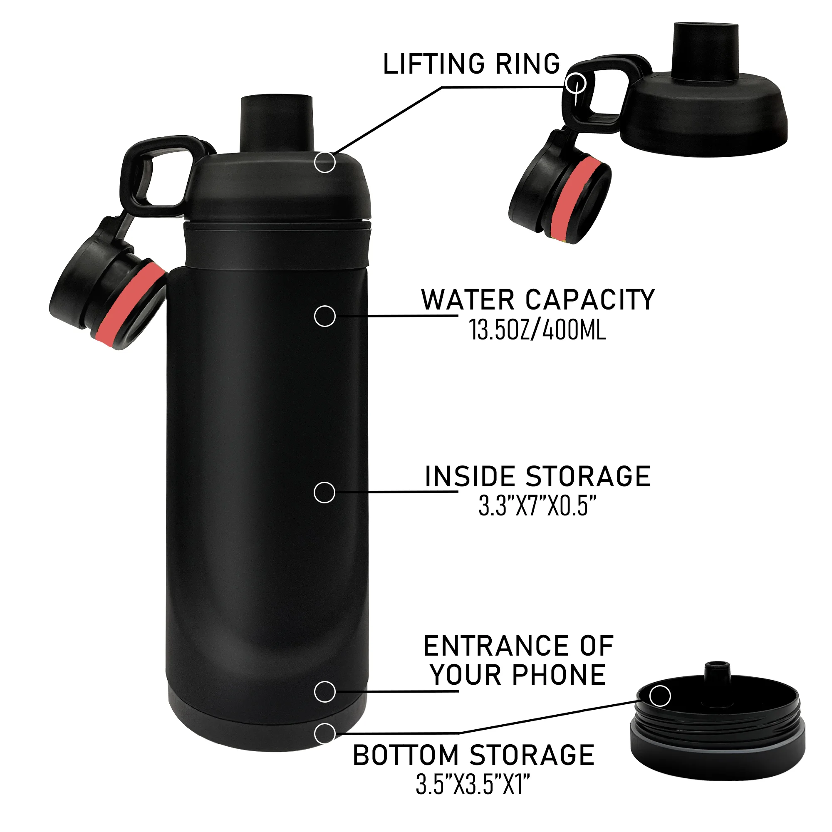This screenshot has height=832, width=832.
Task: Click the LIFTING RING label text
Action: (472, 64)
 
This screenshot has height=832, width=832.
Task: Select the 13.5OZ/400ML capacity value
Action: (537, 331)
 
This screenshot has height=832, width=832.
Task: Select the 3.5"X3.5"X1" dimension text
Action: (473, 785)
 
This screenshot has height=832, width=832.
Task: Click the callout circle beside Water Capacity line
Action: (325, 317)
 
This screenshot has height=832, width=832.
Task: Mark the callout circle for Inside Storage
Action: (325, 493)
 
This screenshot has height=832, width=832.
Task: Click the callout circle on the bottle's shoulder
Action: (325, 162)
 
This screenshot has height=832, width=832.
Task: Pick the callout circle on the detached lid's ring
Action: (576, 83)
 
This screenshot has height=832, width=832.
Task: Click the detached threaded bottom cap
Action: (717, 735)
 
